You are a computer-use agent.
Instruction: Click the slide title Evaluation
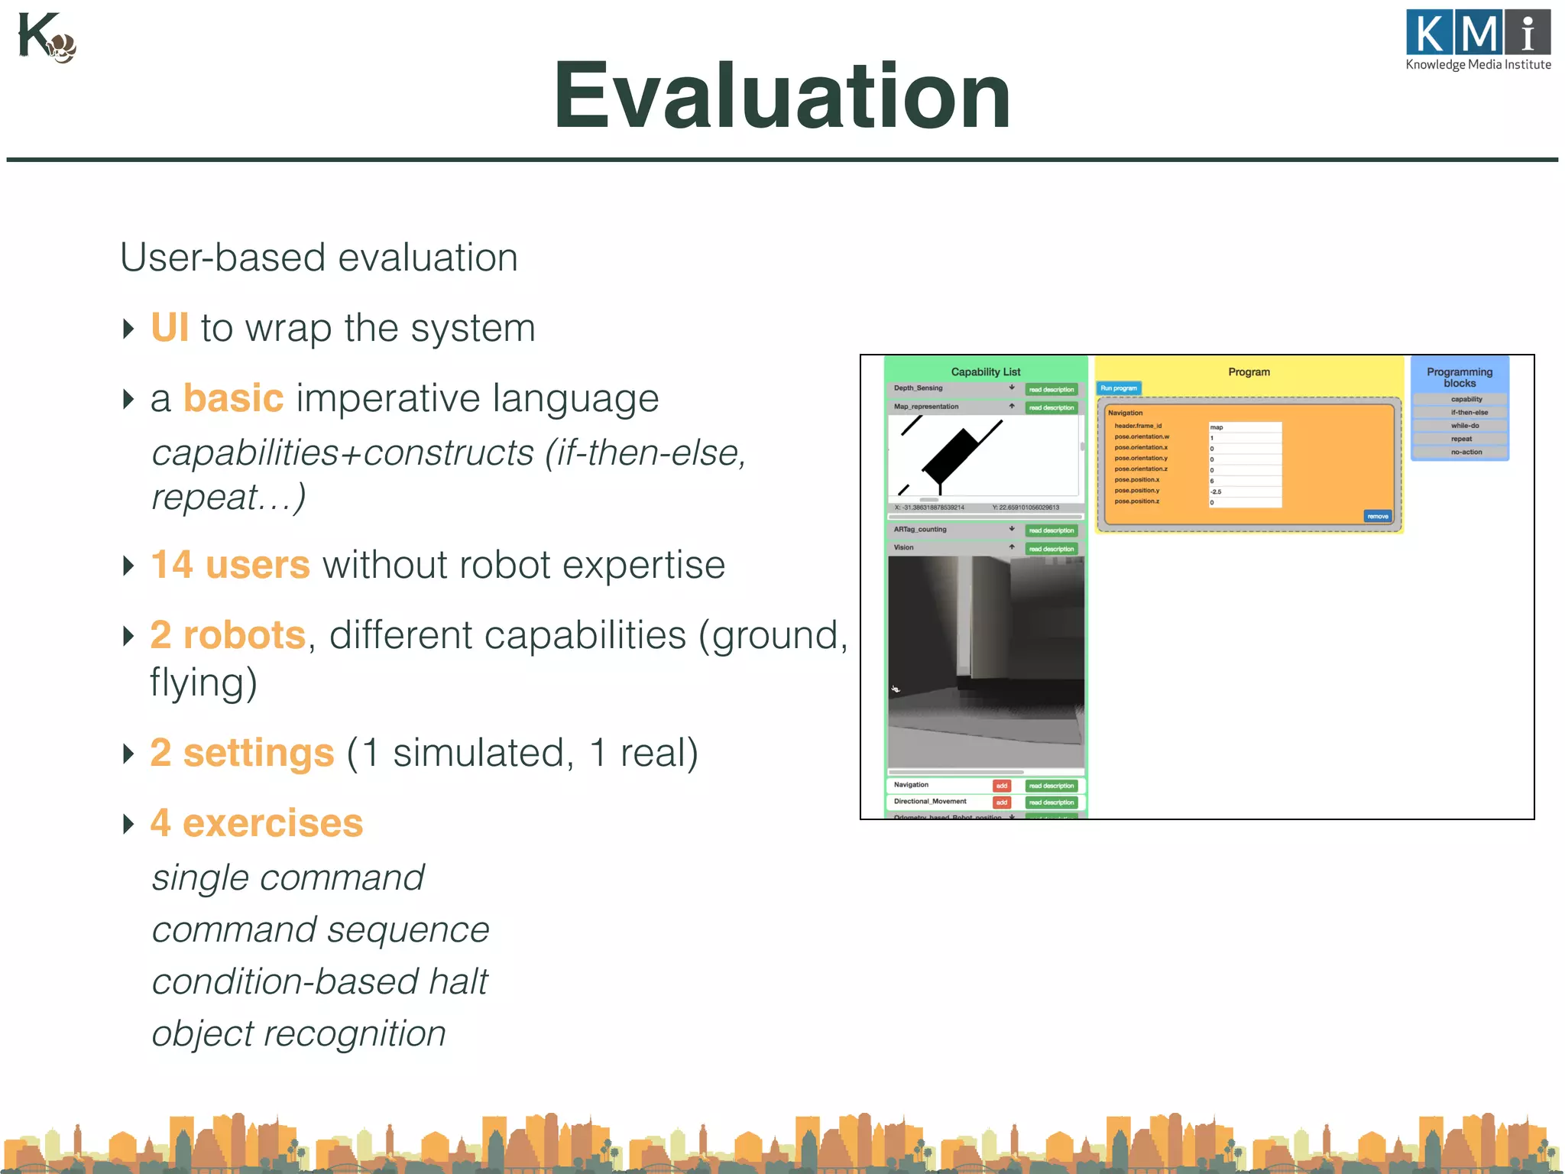(x=782, y=97)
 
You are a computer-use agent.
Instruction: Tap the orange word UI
(x=169, y=328)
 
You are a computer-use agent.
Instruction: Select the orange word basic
(x=233, y=398)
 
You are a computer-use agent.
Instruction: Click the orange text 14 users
(x=230, y=565)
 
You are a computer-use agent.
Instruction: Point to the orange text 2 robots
(x=228, y=635)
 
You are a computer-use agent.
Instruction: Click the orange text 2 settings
(x=241, y=753)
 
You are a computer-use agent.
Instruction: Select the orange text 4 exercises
(x=256, y=823)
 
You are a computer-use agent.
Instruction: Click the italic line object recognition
(x=298, y=1033)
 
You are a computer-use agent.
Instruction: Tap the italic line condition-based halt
(x=319, y=981)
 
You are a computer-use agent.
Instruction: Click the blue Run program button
(x=1119, y=388)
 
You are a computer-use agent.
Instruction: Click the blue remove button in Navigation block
(x=1378, y=517)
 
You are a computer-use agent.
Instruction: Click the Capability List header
(x=985, y=371)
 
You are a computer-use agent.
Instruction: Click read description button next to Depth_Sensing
(x=1051, y=390)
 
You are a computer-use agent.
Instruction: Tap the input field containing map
(x=1244, y=427)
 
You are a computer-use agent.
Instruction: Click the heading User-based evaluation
(x=319, y=258)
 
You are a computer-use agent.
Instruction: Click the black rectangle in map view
(x=950, y=457)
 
